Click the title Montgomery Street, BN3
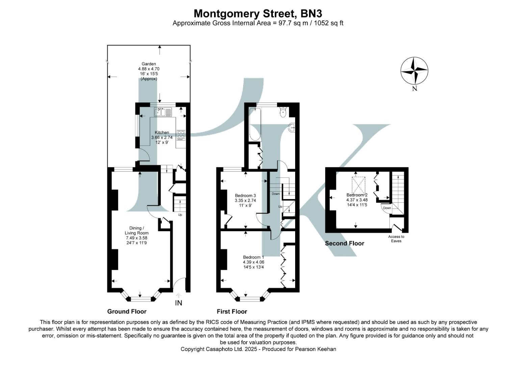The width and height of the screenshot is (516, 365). coord(258,14)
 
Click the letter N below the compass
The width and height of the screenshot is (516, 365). coord(414,89)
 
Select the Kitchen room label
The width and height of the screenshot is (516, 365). coord(162,132)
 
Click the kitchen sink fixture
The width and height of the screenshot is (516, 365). coord(163,112)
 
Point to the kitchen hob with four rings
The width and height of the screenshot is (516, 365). coord(180,135)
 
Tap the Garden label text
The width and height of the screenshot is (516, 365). coord(149,64)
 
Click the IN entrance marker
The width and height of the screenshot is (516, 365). coord(178,303)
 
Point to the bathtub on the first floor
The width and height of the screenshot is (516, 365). coord(255,124)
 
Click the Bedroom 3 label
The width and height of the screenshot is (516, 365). coord(245,195)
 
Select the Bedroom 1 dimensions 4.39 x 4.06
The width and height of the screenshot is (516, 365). coord(253,262)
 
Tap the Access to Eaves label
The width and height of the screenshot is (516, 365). coord(396,239)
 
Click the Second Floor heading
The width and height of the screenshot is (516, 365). coord(344,243)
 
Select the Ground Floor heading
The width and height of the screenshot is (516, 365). coord(127,311)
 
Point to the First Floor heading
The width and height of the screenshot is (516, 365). coord(232,311)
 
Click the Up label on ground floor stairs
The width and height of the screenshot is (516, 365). coord(180,215)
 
